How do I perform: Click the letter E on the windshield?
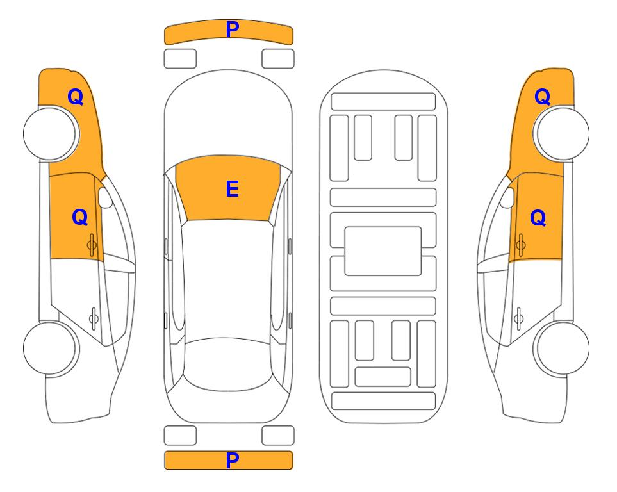[232, 189]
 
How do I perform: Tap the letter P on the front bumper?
[232, 29]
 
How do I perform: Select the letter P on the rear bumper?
[232, 460]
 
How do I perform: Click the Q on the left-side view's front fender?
[76, 97]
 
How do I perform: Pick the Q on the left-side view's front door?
[80, 217]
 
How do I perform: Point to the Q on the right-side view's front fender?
[542, 97]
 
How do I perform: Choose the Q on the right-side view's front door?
[538, 218]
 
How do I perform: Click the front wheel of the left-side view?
[51, 134]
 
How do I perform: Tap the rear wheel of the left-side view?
[51, 348]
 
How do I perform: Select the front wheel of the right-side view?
[561, 133]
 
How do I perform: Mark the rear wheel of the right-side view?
[561, 348]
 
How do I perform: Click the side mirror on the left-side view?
[104, 197]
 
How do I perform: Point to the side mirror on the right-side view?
[507, 197]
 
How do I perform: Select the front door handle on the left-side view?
[92, 245]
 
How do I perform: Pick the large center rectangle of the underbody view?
[383, 251]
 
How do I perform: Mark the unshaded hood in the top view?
[228, 114]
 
